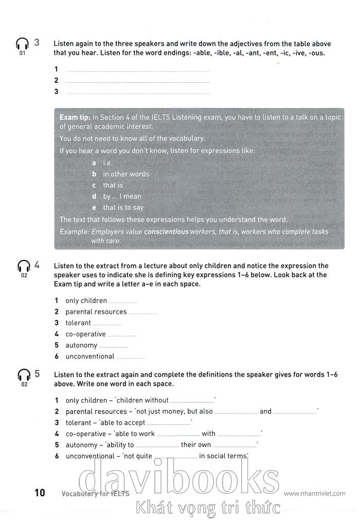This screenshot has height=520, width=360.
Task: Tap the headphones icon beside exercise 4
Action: pyautogui.click(x=23, y=266)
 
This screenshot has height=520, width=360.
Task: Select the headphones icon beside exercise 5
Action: pyautogui.click(x=23, y=375)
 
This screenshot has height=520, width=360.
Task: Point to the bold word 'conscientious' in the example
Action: pyautogui.click(x=166, y=232)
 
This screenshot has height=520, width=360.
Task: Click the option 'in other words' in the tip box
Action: pyautogui.click(x=126, y=174)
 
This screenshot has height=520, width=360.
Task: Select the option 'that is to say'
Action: pyautogui.click(x=123, y=208)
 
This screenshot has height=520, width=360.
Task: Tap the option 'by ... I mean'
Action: pyautogui.click(x=122, y=196)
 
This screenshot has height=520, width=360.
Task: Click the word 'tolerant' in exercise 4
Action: pyautogui.click(x=78, y=323)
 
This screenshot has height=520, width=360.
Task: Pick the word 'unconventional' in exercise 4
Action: pyautogui.click(x=90, y=356)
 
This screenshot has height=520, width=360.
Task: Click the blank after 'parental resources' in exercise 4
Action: pyautogui.click(x=143, y=313)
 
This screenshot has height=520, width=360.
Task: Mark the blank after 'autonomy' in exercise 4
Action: pyautogui.click(x=113, y=346)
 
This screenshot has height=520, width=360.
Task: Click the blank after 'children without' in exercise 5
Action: pyautogui.click(x=192, y=401)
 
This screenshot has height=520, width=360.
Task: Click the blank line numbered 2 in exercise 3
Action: pyautogui.click(x=138, y=81)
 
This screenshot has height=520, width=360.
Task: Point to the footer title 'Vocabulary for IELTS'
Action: pyautogui.click(x=95, y=494)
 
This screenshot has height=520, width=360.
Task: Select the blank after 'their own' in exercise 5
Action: pyautogui.click(x=235, y=446)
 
